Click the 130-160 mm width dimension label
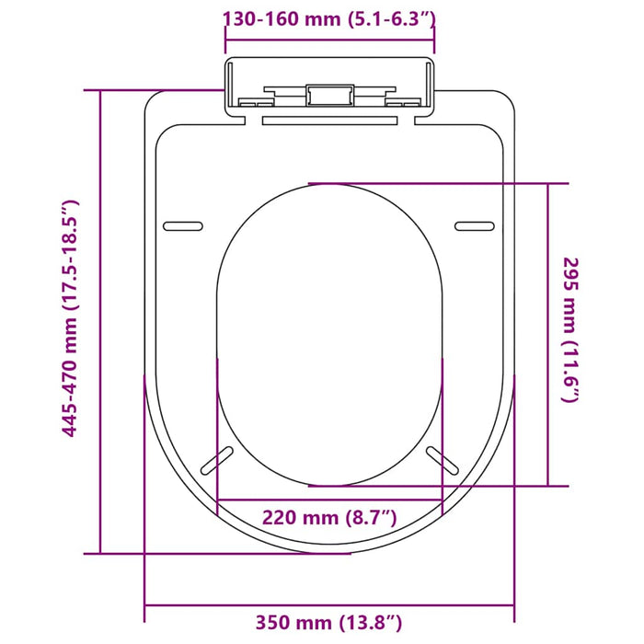[330, 17]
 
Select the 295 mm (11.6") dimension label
[570, 329]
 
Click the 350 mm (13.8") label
[328, 624]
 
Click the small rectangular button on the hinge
[329, 95]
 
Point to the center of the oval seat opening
[330, 333]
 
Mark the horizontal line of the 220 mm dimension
[328, 500]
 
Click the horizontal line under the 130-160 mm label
[330, 36]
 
